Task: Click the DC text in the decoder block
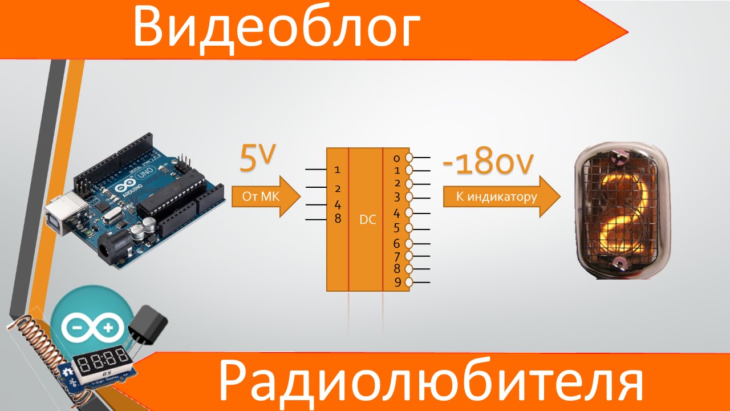(368, 219)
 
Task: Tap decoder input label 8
(338, 219)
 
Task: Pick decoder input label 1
(337, 170)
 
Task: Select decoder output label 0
(398, 156)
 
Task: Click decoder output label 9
(398, 282)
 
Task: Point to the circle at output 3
(408, 198)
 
